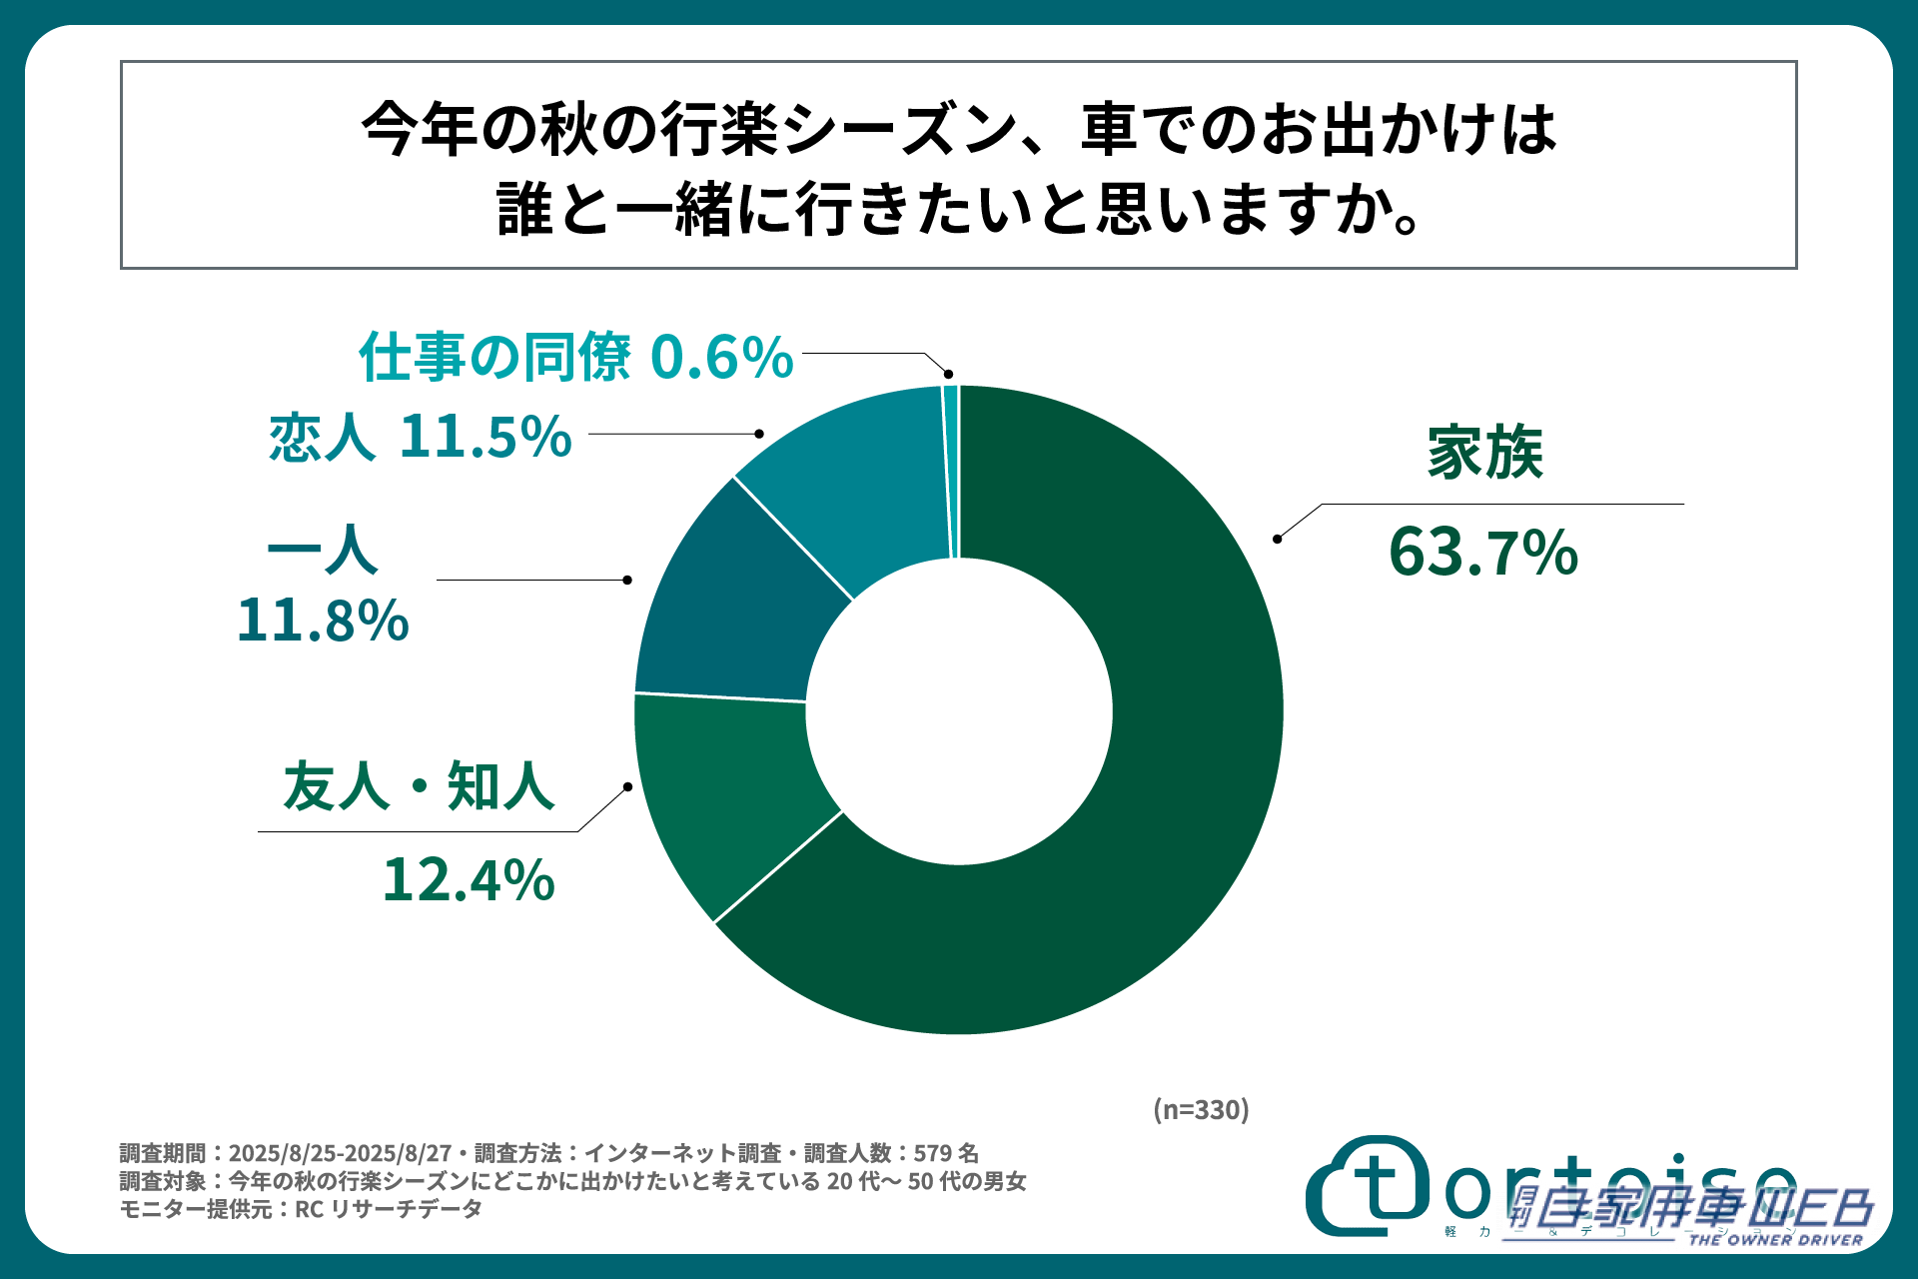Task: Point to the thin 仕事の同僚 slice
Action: click(x=951, y=470)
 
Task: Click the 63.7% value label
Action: click(x=1483, y=553)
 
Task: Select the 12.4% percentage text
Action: click(x=469, y=880)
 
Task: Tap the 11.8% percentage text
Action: click(x=323, y=621)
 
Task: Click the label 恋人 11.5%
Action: click(x=420, y=437)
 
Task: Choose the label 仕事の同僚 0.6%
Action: click(x=576, y=357)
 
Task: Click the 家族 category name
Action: click(x=1484, y=453)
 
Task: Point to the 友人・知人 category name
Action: click(x=419, y=786)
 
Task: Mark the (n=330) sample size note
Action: click(x=1201, y=1109)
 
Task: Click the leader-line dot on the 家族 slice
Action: click(x=1277, y=539)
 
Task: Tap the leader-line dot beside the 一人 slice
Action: click(x=627, y=580)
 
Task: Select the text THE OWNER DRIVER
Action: click(x=1775, y=1240)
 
